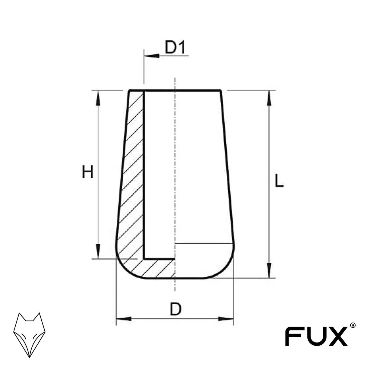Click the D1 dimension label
click(175, 47)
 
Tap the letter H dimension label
click(88, 172)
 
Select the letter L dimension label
click(279, 181)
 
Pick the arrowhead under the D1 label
click(152, 56)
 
